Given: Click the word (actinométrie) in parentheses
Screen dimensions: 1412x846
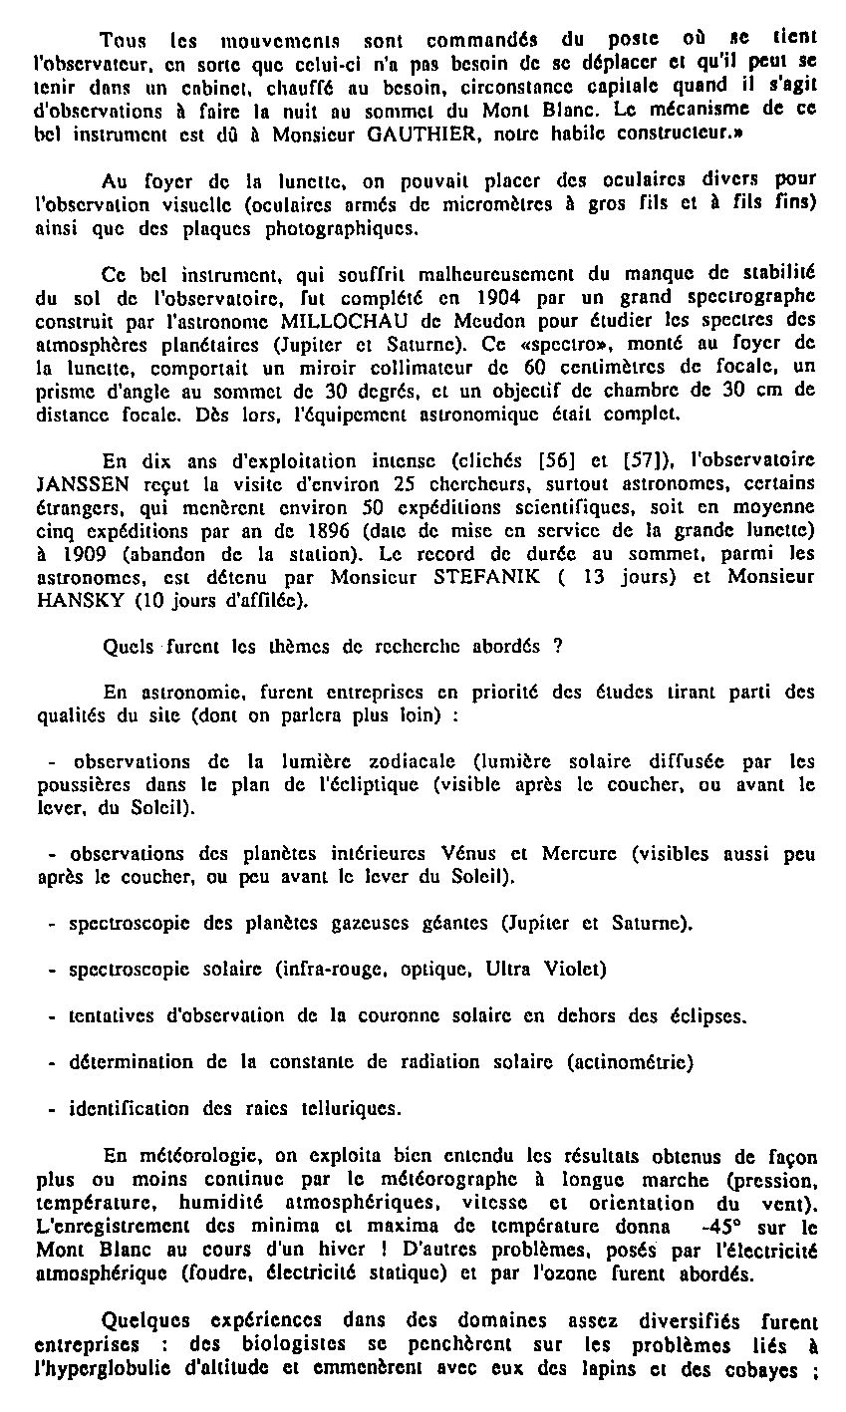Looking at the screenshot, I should click(x=629, y=1061).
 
